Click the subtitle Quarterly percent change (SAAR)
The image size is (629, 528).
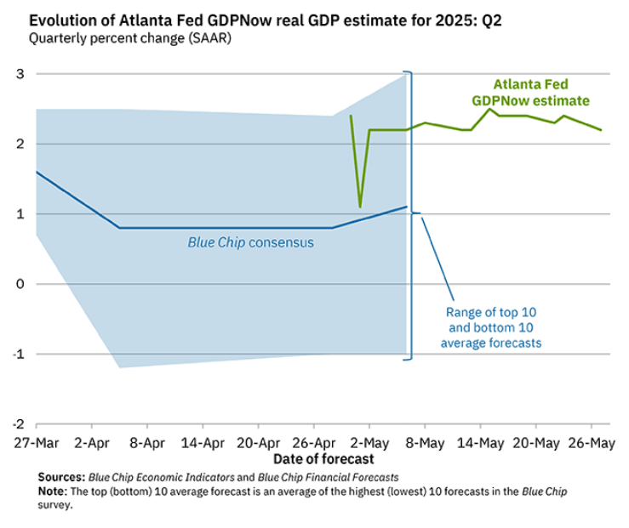(129, 38)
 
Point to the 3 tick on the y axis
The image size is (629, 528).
(18, 75)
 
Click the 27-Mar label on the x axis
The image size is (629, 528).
(35, 443)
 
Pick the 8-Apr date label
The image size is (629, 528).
(146, 443)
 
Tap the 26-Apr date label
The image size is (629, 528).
(314, 443)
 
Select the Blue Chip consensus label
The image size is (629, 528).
(251, 242)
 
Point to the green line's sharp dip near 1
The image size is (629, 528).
(360, 207)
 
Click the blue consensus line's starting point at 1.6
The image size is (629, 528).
(36, 172)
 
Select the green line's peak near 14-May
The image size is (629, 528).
(489, 109)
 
